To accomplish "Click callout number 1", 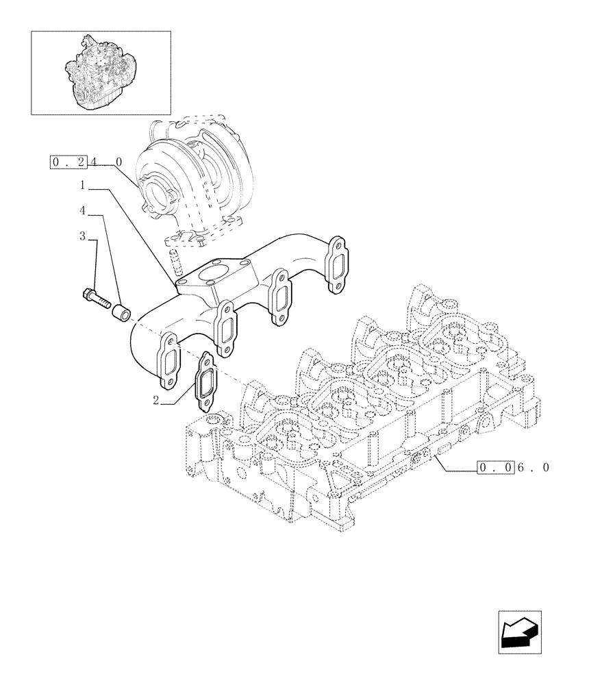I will click(82, 185).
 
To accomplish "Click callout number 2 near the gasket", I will click(156, 401).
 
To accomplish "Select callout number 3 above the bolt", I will click(82, 236).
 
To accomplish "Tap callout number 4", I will click(82, 210).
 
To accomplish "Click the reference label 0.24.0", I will click(86, 162).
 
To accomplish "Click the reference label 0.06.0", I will click(513, 469).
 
